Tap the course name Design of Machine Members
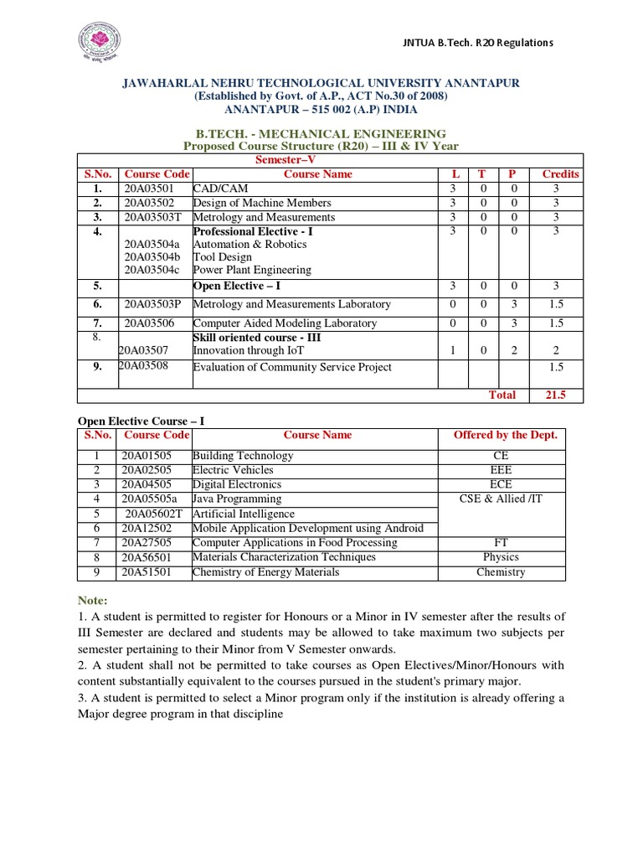262,203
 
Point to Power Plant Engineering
252,271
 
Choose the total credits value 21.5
555,395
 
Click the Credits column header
560,174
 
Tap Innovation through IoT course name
248,351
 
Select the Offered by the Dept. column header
505,435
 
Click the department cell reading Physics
501,557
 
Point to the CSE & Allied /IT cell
501,499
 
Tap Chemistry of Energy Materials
266,572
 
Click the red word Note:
93,601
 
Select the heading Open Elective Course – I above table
141,420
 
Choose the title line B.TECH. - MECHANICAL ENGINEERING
321,134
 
